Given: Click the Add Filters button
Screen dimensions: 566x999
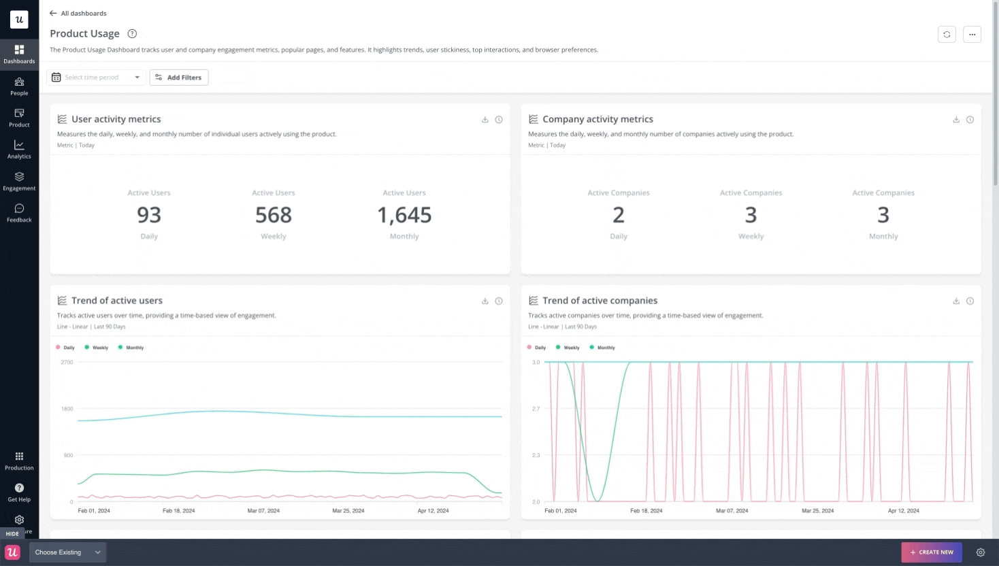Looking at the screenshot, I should click(179, 78).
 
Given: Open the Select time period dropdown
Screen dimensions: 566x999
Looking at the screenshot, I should click(96, 78).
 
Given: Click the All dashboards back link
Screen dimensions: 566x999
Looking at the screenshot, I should click(78, 13).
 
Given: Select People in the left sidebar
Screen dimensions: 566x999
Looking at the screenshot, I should click(19, 86).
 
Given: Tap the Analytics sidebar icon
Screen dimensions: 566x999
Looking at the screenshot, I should click(19, 149).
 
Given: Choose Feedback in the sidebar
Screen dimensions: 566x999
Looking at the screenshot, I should click(19, 213).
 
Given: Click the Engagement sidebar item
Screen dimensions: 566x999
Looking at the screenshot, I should click(19, 181).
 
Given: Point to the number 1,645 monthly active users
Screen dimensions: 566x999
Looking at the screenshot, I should click(404, 215).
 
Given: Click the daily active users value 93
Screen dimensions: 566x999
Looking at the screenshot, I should click(149, 215).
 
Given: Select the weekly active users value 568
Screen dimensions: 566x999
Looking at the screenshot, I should click(274, 215).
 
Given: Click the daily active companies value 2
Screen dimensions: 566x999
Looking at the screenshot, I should click(618, 215).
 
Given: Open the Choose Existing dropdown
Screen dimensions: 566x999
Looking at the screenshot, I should click(67, 552).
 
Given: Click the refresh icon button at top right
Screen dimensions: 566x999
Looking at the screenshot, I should click(947, 34).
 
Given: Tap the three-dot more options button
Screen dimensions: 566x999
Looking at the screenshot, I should click(972, 34).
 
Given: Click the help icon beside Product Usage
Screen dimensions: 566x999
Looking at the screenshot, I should click(132, 34).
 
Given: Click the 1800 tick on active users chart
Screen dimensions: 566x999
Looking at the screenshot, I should click(67, 409).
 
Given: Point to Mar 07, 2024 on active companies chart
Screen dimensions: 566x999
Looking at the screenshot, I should click(732, 510).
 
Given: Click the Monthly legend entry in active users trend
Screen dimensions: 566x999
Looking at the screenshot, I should click(134, 348).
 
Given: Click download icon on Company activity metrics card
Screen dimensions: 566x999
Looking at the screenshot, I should click(956, 120).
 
